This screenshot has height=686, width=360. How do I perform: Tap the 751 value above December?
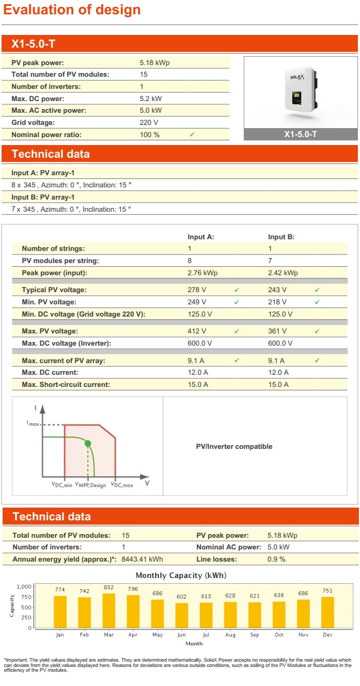pyautogui.click(x=327, y=591)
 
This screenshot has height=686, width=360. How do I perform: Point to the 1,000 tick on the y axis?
pyautogui.click(x=24, y=586)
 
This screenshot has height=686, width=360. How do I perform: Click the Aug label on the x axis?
pyautogui.click(x=230, y=635)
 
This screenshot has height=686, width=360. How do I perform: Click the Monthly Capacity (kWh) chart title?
pyautogui.click(x=181, y=575)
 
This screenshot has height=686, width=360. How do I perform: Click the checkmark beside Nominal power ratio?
pyautogui.click(x=192, y=134)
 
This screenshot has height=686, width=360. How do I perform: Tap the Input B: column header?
pyautogui.click(x=281, y=237)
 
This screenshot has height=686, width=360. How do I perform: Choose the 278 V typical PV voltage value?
pyautogui.click(x=197, y=290)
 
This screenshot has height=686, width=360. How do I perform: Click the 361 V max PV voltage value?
pyautogui.click(x=277, y=331)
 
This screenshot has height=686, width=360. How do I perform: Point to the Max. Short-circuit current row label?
pyautogui.click(x=66, y=385)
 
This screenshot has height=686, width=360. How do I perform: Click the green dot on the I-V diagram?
pyautogui.click(x=88, y=443)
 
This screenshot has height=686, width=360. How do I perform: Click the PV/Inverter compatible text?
pyautogui.click(x=234, y=447)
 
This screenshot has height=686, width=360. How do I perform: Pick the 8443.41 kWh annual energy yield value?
pyautogui.click(x=142, y=559)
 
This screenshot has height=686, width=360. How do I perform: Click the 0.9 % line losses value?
pyautogui.click(x=276, y=559)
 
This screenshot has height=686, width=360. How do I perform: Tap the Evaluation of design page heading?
pyautogui.click(x=72, y=10)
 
